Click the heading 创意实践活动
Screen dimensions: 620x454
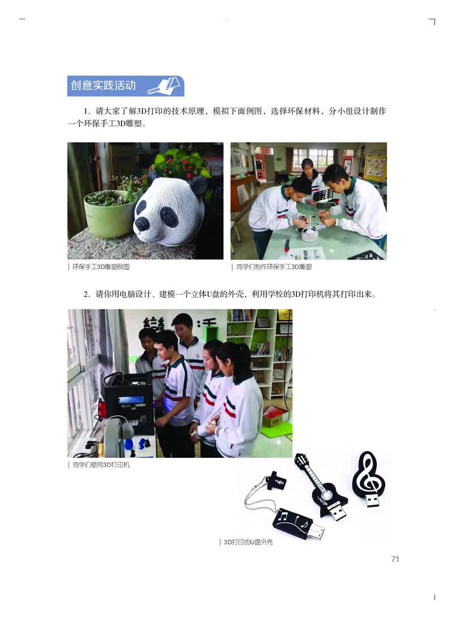[x=103, y=86]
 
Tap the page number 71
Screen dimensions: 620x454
[x=396, y=559]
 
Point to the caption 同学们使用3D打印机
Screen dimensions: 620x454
[x=101, y=466]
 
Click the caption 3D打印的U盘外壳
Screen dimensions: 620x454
[x=248, y=542]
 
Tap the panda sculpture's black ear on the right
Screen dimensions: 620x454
[x=197, y=186]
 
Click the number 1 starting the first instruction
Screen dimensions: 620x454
[x=86, y=112]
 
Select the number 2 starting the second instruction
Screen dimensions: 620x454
[x=86, y=294]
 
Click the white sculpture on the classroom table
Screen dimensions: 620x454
[x=309, y=234]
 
